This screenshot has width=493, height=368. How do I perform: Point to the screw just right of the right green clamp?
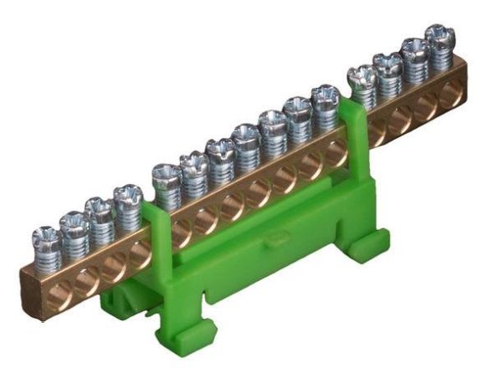362,78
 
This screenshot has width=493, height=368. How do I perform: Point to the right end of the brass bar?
461,84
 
